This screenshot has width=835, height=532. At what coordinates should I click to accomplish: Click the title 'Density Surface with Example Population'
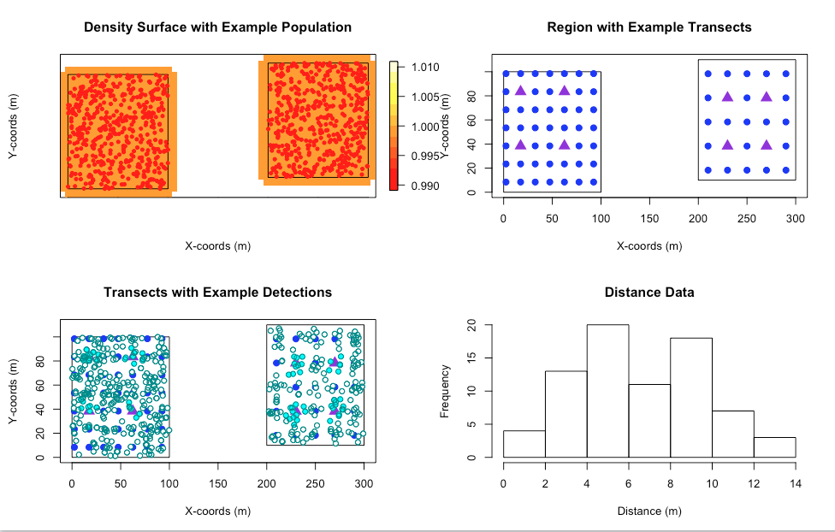click(217, 27)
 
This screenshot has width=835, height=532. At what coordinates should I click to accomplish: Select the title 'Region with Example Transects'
click(649, 27)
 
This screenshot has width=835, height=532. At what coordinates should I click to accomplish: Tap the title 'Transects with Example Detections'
click(217, 293)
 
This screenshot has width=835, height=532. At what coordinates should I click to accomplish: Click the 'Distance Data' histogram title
click(649, 293)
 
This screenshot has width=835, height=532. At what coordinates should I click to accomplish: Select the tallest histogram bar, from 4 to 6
click(607, 391)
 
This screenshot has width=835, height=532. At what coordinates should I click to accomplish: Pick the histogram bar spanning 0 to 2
click(524, 444)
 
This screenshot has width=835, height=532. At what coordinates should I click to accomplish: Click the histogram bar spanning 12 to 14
click(774, 447)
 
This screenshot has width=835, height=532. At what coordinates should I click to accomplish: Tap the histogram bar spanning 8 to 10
click(691, 398)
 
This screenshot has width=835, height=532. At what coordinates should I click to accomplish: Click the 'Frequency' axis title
click(445, 391)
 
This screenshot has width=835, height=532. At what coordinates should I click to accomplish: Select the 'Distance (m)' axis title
click(649, 511)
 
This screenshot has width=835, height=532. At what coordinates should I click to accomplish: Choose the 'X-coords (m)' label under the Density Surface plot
click(217, 246)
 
